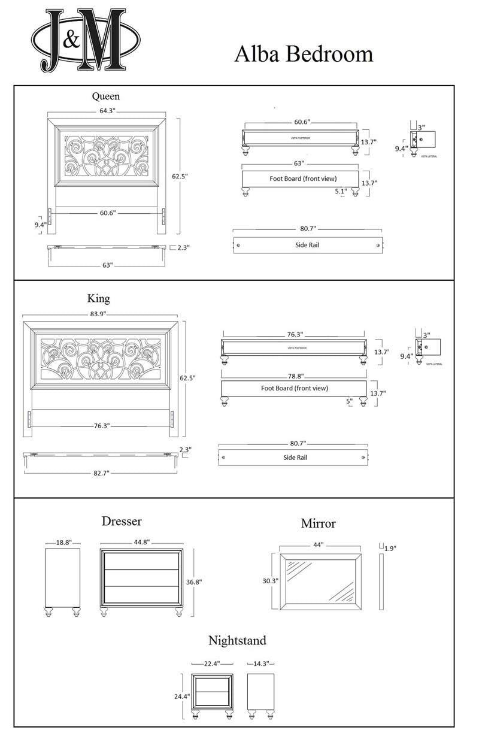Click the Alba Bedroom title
pos(304,54)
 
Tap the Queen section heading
pos(105,96)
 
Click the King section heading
pos(98,298)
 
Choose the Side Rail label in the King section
pos(295,458)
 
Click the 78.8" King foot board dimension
pos(295,375)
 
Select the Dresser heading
pos(122,521)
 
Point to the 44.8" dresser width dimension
pos(141,543)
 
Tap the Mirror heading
pos(318,523)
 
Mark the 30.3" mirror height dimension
pos(269,580)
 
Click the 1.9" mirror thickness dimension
pos(390,548)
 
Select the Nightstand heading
pos(237,640)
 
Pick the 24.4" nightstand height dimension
pos(181,696)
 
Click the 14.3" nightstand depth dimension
pos(260,664)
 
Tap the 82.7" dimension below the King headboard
pos(100,473)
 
